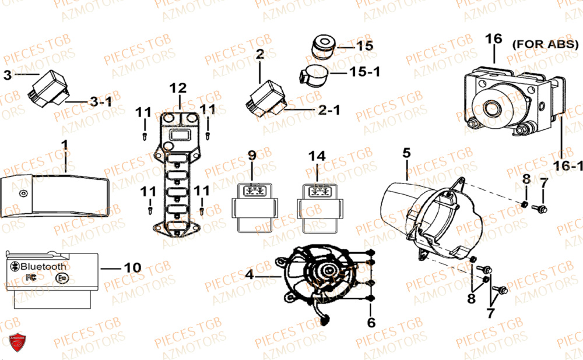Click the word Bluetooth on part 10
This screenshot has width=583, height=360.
(43, 267)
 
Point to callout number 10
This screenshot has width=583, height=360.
(132, 267)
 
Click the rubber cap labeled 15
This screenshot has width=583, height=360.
(322, 47)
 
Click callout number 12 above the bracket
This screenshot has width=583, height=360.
(178, 89)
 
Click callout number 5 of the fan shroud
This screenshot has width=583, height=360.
(406, 153)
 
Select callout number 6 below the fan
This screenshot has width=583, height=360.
(371, 321)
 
